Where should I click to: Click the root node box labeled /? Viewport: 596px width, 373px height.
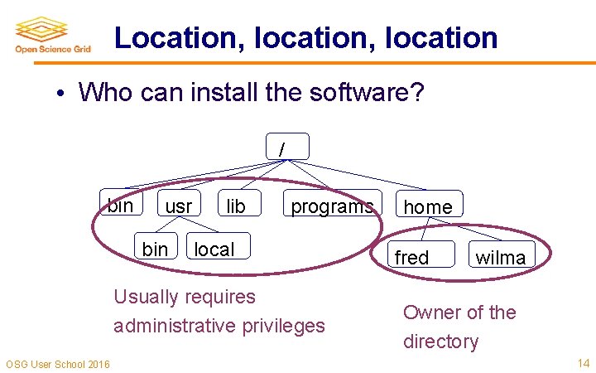[x=287, y=147]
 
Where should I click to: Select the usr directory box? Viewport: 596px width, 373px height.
[x=179, y=206]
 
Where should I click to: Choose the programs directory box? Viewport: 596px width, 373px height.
[x=331, y=206]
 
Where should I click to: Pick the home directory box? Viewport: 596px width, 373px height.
[x=428, y=206]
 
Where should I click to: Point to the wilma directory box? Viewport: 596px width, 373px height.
[x=500, y=257]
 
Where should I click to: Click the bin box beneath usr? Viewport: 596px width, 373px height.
[x=155, y=249]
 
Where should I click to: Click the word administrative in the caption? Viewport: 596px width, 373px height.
[x=175, y=326]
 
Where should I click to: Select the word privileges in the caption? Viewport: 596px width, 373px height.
[x=283, y=326]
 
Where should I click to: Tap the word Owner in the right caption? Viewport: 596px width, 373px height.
[x=430, y=312]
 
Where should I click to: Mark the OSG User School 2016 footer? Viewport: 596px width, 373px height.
[x=57, y=364]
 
